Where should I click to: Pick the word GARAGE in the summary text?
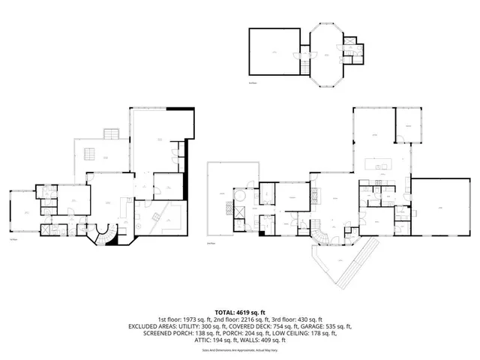(x=317, y=326)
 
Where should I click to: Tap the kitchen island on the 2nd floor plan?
(x=378, y=163)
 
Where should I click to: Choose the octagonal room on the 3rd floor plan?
(x=327, y=55)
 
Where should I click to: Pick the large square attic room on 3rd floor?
(x=274, y=51)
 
